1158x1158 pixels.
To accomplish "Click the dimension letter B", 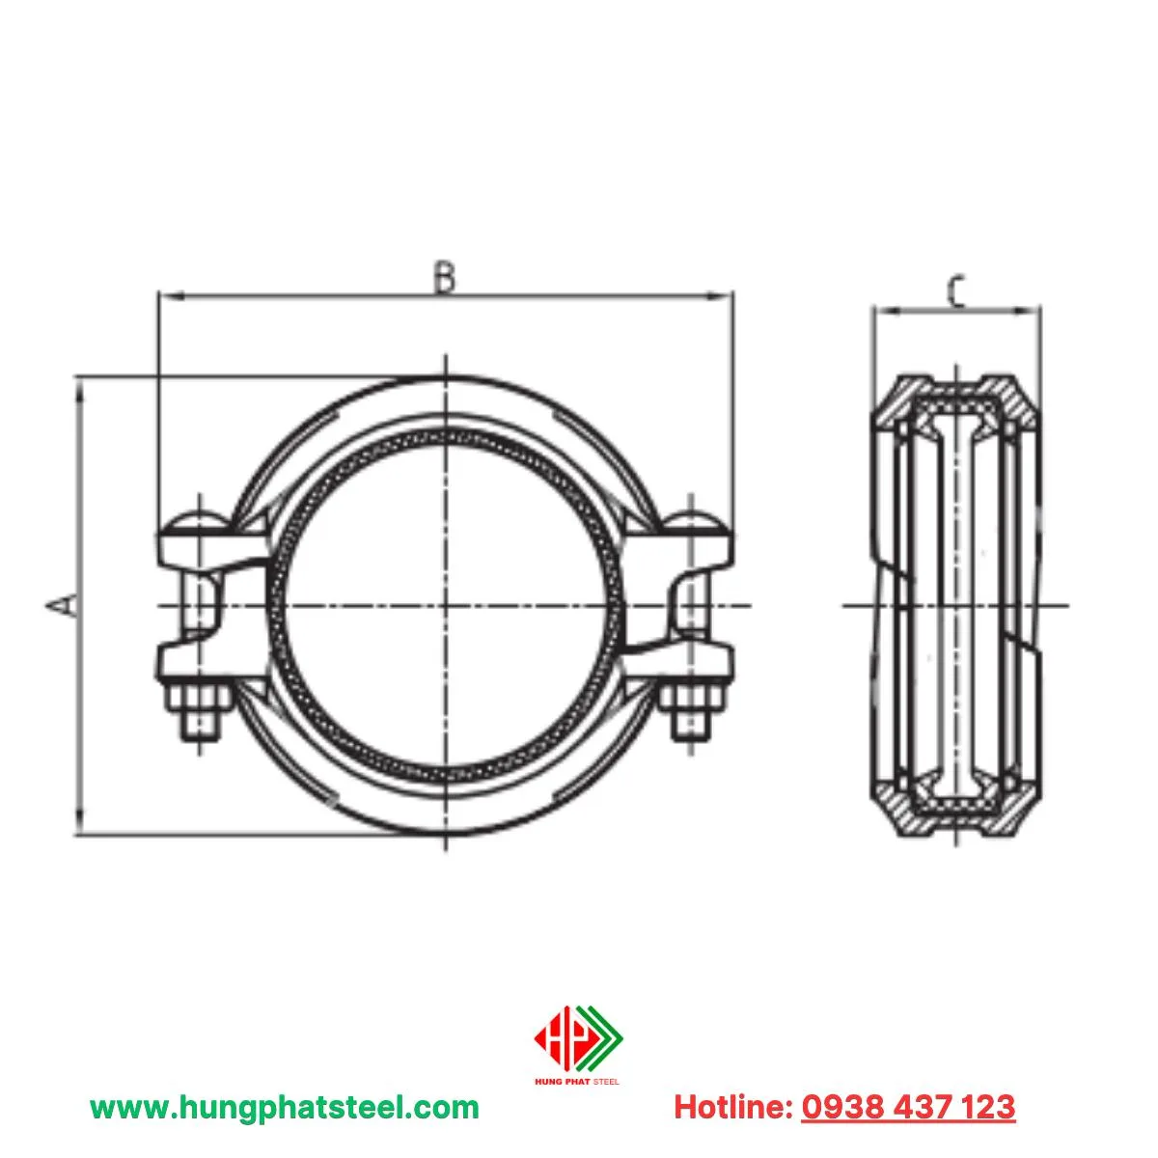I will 443,277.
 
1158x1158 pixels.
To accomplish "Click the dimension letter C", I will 955,291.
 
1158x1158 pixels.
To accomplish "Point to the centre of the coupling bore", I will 446,605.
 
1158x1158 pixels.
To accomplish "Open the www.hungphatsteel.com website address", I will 284,1107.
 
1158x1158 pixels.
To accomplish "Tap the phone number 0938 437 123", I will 908,1107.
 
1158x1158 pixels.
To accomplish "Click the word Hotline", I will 733,1107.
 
